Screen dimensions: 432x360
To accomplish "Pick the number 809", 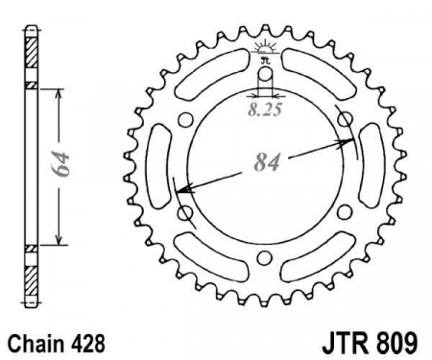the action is pyautogui.click(x=397, y=344).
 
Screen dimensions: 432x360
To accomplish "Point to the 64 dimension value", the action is pyautogui.click(x=60, y=164).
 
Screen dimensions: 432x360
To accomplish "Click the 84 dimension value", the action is pyautogui.click(x=267, y=162).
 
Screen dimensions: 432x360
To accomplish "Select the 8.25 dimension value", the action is pyautogui.click(x=265, y=109).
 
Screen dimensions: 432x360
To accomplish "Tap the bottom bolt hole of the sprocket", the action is pyautogui.click(x=264, y=257).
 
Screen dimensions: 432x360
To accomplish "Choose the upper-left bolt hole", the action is pyautogui.click(x=185, y=121).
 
